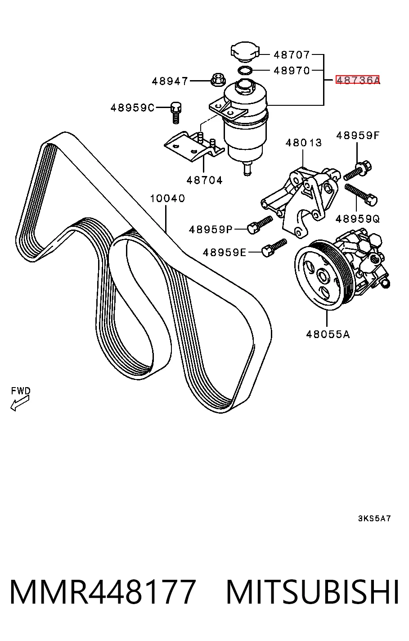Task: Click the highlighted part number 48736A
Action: [x=358, y=80]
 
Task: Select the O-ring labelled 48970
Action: [x=245, y=70]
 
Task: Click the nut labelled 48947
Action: [x=218, y=80]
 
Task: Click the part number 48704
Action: [x=204, y=180]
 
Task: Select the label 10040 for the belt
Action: [x=167, y=199]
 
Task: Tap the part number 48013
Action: [x=303, y=143]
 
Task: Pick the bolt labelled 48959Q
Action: [x=361, y=194]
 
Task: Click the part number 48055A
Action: [x=328, y=334]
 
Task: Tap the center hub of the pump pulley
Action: [x=323, y=276]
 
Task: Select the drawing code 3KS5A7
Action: [x=374, y=519]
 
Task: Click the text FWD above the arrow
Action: [x=21, y=391]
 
